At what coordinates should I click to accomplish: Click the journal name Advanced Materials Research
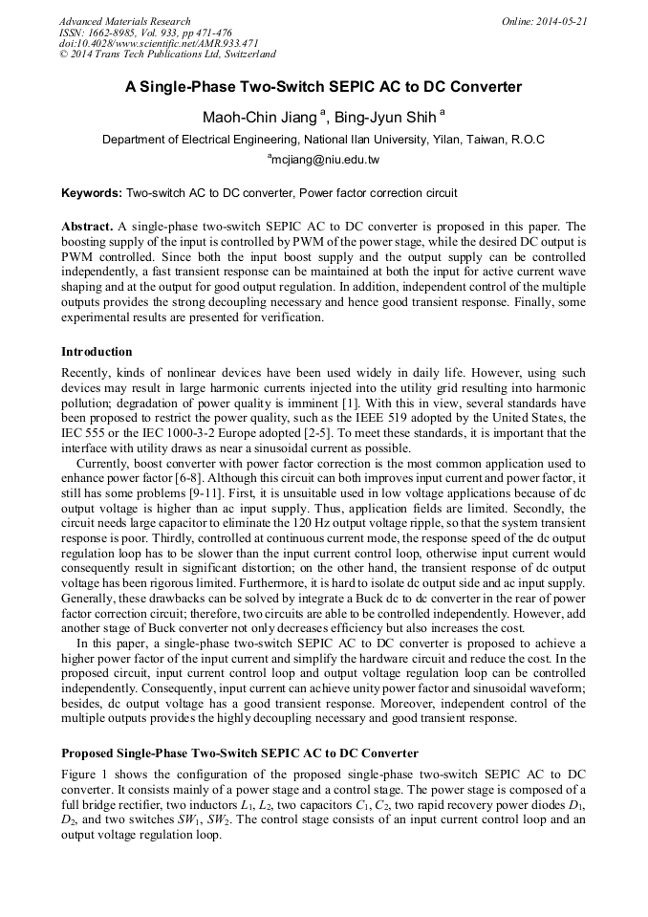pyautogui.click(x=124, y=21)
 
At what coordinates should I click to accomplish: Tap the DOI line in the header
pyautogui.click(x=159, y=43)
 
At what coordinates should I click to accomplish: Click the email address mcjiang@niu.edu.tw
pyautogui.click(x=326, y=160)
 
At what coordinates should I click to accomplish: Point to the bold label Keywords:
pyautogui.click(x=92, y=193)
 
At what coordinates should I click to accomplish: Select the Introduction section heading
pyautogui.click(x=97, y=352)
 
